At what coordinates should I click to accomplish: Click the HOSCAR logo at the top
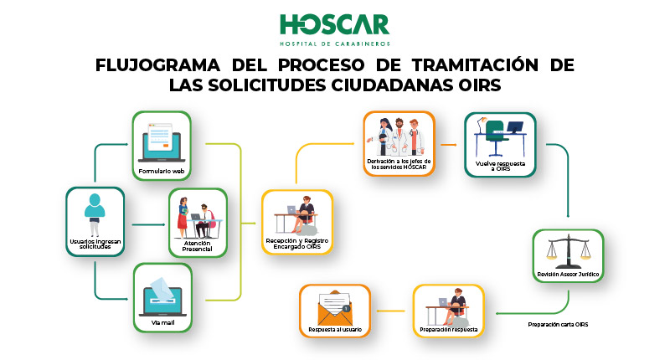tap(334, 29)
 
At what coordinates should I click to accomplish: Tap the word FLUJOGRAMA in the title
tap(157, 65)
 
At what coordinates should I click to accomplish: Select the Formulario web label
tap(162, 172)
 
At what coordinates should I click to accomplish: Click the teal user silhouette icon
tap(95, 214)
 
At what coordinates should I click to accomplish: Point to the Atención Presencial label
tap(198, 246)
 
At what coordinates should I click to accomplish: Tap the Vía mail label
tap(162, 322)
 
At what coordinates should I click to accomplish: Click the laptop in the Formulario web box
tap(162, 142)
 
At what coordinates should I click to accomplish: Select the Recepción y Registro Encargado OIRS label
tap(297, 244)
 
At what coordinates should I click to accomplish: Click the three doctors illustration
tap(399, 136)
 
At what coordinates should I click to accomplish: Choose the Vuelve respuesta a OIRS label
tap(500, 166)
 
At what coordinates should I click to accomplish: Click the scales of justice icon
tap(569, 251)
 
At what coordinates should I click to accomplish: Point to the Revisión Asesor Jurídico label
tap(568, 274)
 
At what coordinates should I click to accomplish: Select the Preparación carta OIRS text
tap(558, 325)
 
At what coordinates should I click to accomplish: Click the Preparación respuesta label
tap(449, 330)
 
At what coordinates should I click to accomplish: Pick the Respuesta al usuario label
tap(335, 330)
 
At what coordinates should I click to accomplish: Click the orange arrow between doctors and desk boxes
tap(449, 145)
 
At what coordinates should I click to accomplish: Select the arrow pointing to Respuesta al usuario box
tap(390, 311)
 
